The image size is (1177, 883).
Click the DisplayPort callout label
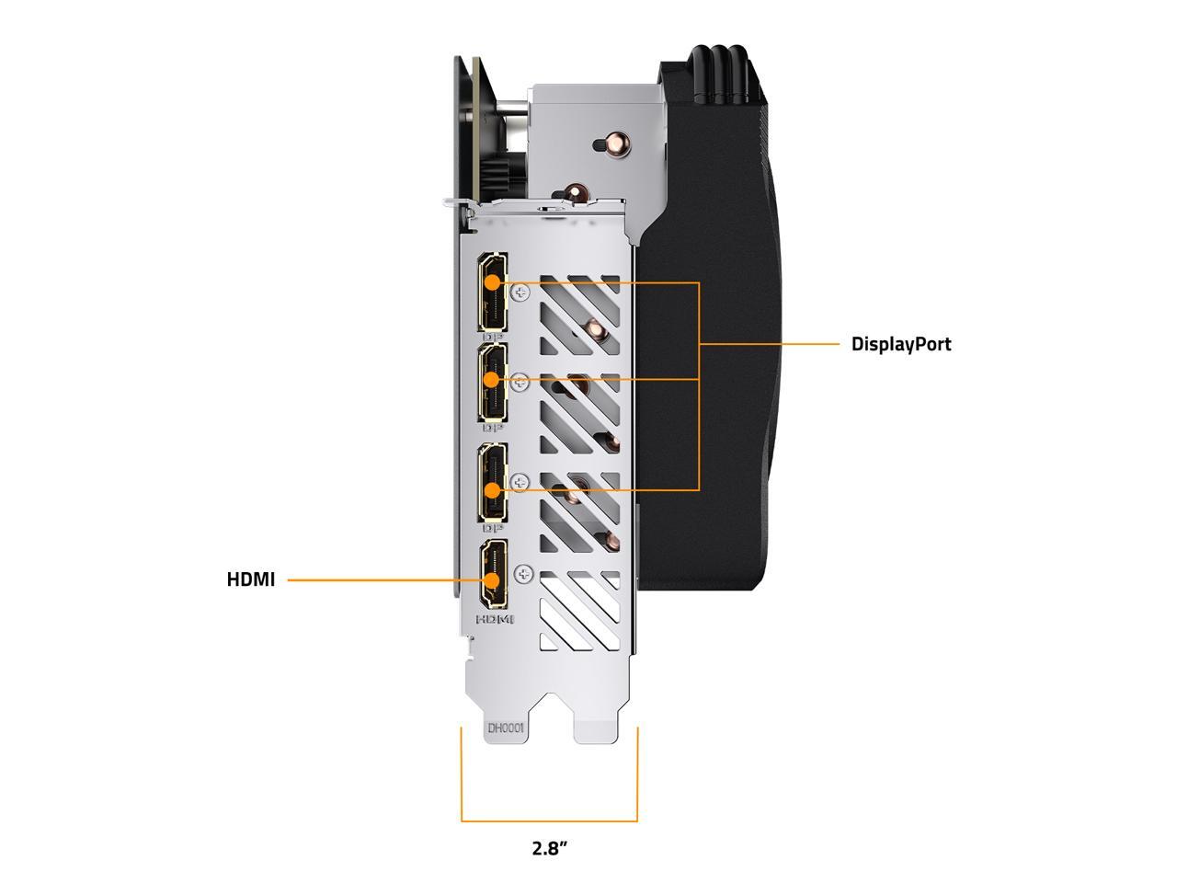pyautogui.click(x=900, y=344)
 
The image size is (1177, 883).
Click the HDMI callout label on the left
pyautogui.click(x=250, y=579)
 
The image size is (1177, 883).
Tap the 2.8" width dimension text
pyautogui.click(x=549, y=863)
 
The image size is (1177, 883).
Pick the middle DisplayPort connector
pyautogui.click(x=493, y=383)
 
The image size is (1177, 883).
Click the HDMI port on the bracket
pyautogui.click(x=493, y=574)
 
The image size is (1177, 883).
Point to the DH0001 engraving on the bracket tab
pyautogui.click(x=505, y=728)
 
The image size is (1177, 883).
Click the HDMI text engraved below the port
pyautogui.click(x=495, y=619)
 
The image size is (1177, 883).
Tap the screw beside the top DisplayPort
pyautogui.click(x=520, y=292)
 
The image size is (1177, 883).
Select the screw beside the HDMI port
pyautogui.click(x=523, y=574)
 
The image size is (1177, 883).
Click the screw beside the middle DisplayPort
pyautogui.click(x=520, y=383)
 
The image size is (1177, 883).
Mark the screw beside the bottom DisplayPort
pyautogui.click(x=520, y=483)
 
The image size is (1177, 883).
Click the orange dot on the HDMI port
pyautogui.click(x=492, y=580)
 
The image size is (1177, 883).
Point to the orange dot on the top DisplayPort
pyautogui.click(x=492, y=282)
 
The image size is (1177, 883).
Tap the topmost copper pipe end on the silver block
pyautogui.click(x=615, y=143)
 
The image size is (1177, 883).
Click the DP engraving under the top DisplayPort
pyautogui.click(x=493, y=337)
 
